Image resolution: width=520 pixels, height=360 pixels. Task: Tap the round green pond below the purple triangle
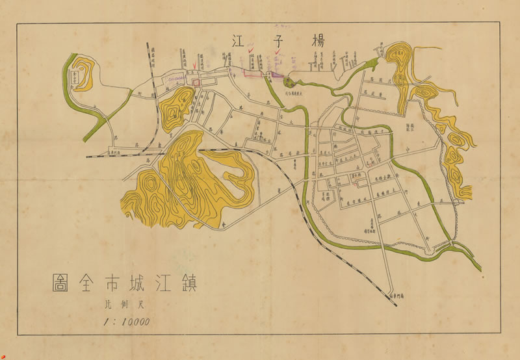(287, 81)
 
